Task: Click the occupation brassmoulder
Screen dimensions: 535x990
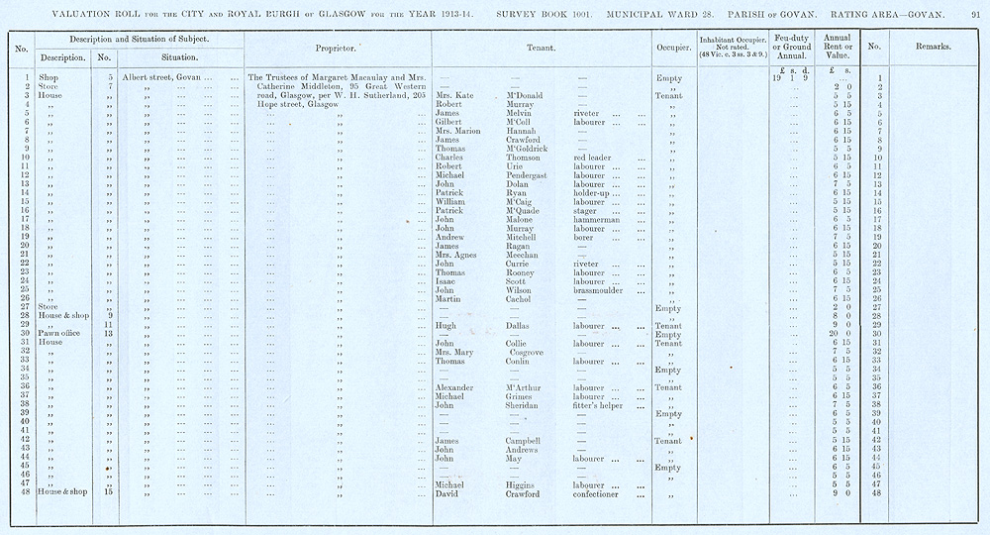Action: [x=606, y=289]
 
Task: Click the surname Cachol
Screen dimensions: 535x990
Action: [x=506, y=299]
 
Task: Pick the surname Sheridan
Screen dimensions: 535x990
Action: [x=513, y=404]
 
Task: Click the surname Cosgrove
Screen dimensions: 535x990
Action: [x=515, y=352]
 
